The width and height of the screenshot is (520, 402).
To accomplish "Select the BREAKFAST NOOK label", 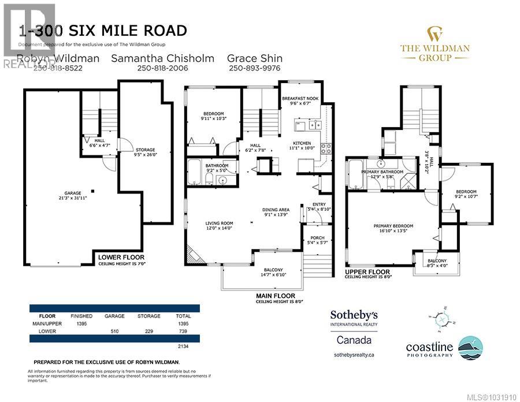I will [300, 99].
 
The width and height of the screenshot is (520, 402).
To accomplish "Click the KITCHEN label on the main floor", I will [302, 143].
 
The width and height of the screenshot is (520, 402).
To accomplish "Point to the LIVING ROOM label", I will [219, 223].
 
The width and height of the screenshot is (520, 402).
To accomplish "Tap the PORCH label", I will [317, 237].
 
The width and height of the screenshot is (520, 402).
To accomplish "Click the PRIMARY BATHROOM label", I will [382, 172].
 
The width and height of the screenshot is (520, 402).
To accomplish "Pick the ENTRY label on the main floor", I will [319, 204].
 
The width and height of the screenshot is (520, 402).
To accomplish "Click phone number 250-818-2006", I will [162, 68].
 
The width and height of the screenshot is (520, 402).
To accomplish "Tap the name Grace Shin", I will [254, 58].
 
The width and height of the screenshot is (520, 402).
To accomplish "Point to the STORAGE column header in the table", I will [149, 317].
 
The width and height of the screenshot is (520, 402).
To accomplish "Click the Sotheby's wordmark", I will [354, 315].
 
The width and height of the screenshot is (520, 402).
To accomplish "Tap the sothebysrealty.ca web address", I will [354, 355].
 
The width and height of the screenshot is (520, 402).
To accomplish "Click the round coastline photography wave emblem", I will [470, 348].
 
